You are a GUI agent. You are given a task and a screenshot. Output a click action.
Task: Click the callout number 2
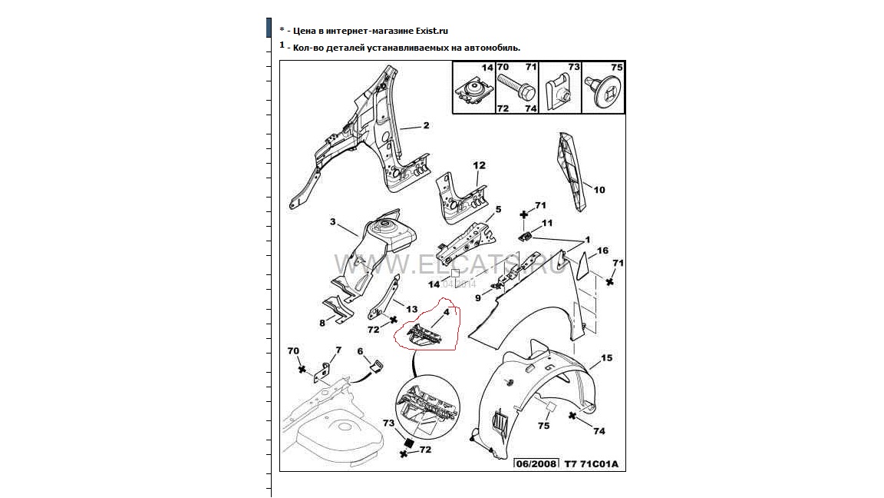point(426,125)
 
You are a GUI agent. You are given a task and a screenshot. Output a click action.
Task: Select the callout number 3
point(333,222)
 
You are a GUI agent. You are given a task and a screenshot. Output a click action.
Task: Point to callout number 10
point(599,189)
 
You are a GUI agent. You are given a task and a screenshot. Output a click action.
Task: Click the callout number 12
point(480,165)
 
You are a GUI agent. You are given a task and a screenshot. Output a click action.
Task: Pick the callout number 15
point(606,358)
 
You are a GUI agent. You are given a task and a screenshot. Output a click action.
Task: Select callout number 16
point(603,251)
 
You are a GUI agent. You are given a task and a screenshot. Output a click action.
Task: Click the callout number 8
point(322,322)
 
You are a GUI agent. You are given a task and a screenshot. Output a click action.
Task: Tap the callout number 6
point(360,351)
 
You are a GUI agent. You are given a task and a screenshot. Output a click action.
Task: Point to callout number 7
point(338,350)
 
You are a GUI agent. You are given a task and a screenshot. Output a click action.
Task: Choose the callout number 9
point(477,297)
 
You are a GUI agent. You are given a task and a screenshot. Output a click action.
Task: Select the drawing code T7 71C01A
point(591,463)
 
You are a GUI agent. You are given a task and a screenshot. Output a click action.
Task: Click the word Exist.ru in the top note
point(430,31)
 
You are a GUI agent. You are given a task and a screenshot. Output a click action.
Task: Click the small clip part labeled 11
point(526,235)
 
